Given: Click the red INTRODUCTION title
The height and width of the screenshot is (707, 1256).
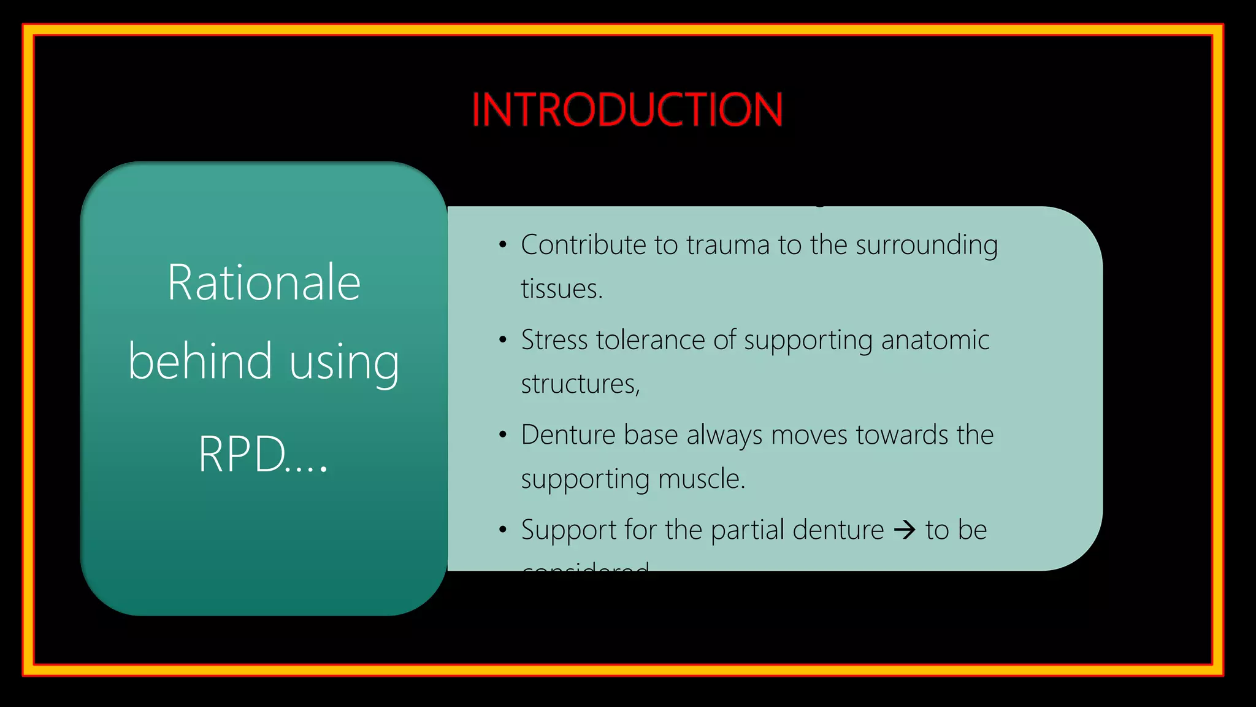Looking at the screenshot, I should pyautogui.click(x=627, y=110).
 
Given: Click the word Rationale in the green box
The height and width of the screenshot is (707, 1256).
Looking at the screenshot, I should pyautogui.click(x=264, y=283).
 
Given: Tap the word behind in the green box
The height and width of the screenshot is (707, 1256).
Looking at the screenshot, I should pyautogui.click(x=200, y=361).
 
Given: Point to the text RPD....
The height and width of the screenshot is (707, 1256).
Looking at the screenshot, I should pyautogui.click(x=243, y=455).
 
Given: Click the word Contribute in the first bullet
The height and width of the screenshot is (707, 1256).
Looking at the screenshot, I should pyautogui.click(x=584, y=245).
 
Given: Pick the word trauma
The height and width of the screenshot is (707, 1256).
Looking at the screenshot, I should pyautogui.click(x=727, y=245).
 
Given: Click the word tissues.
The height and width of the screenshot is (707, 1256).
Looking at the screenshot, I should pyautogui.click(x=561, y=289).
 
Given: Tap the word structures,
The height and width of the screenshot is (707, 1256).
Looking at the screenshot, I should pyautogui.click(x=580, y=384).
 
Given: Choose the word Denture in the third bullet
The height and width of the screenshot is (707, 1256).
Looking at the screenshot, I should pyautogui.click(x=568, y=435).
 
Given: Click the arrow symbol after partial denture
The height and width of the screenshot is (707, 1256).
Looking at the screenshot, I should pyautogui.click(x=905, y=530).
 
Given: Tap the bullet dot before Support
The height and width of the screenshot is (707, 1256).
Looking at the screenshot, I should pyautogui.click(x=503, y=530).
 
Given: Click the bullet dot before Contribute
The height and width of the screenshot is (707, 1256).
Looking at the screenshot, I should pyautogui.click(x=503, y=245).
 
